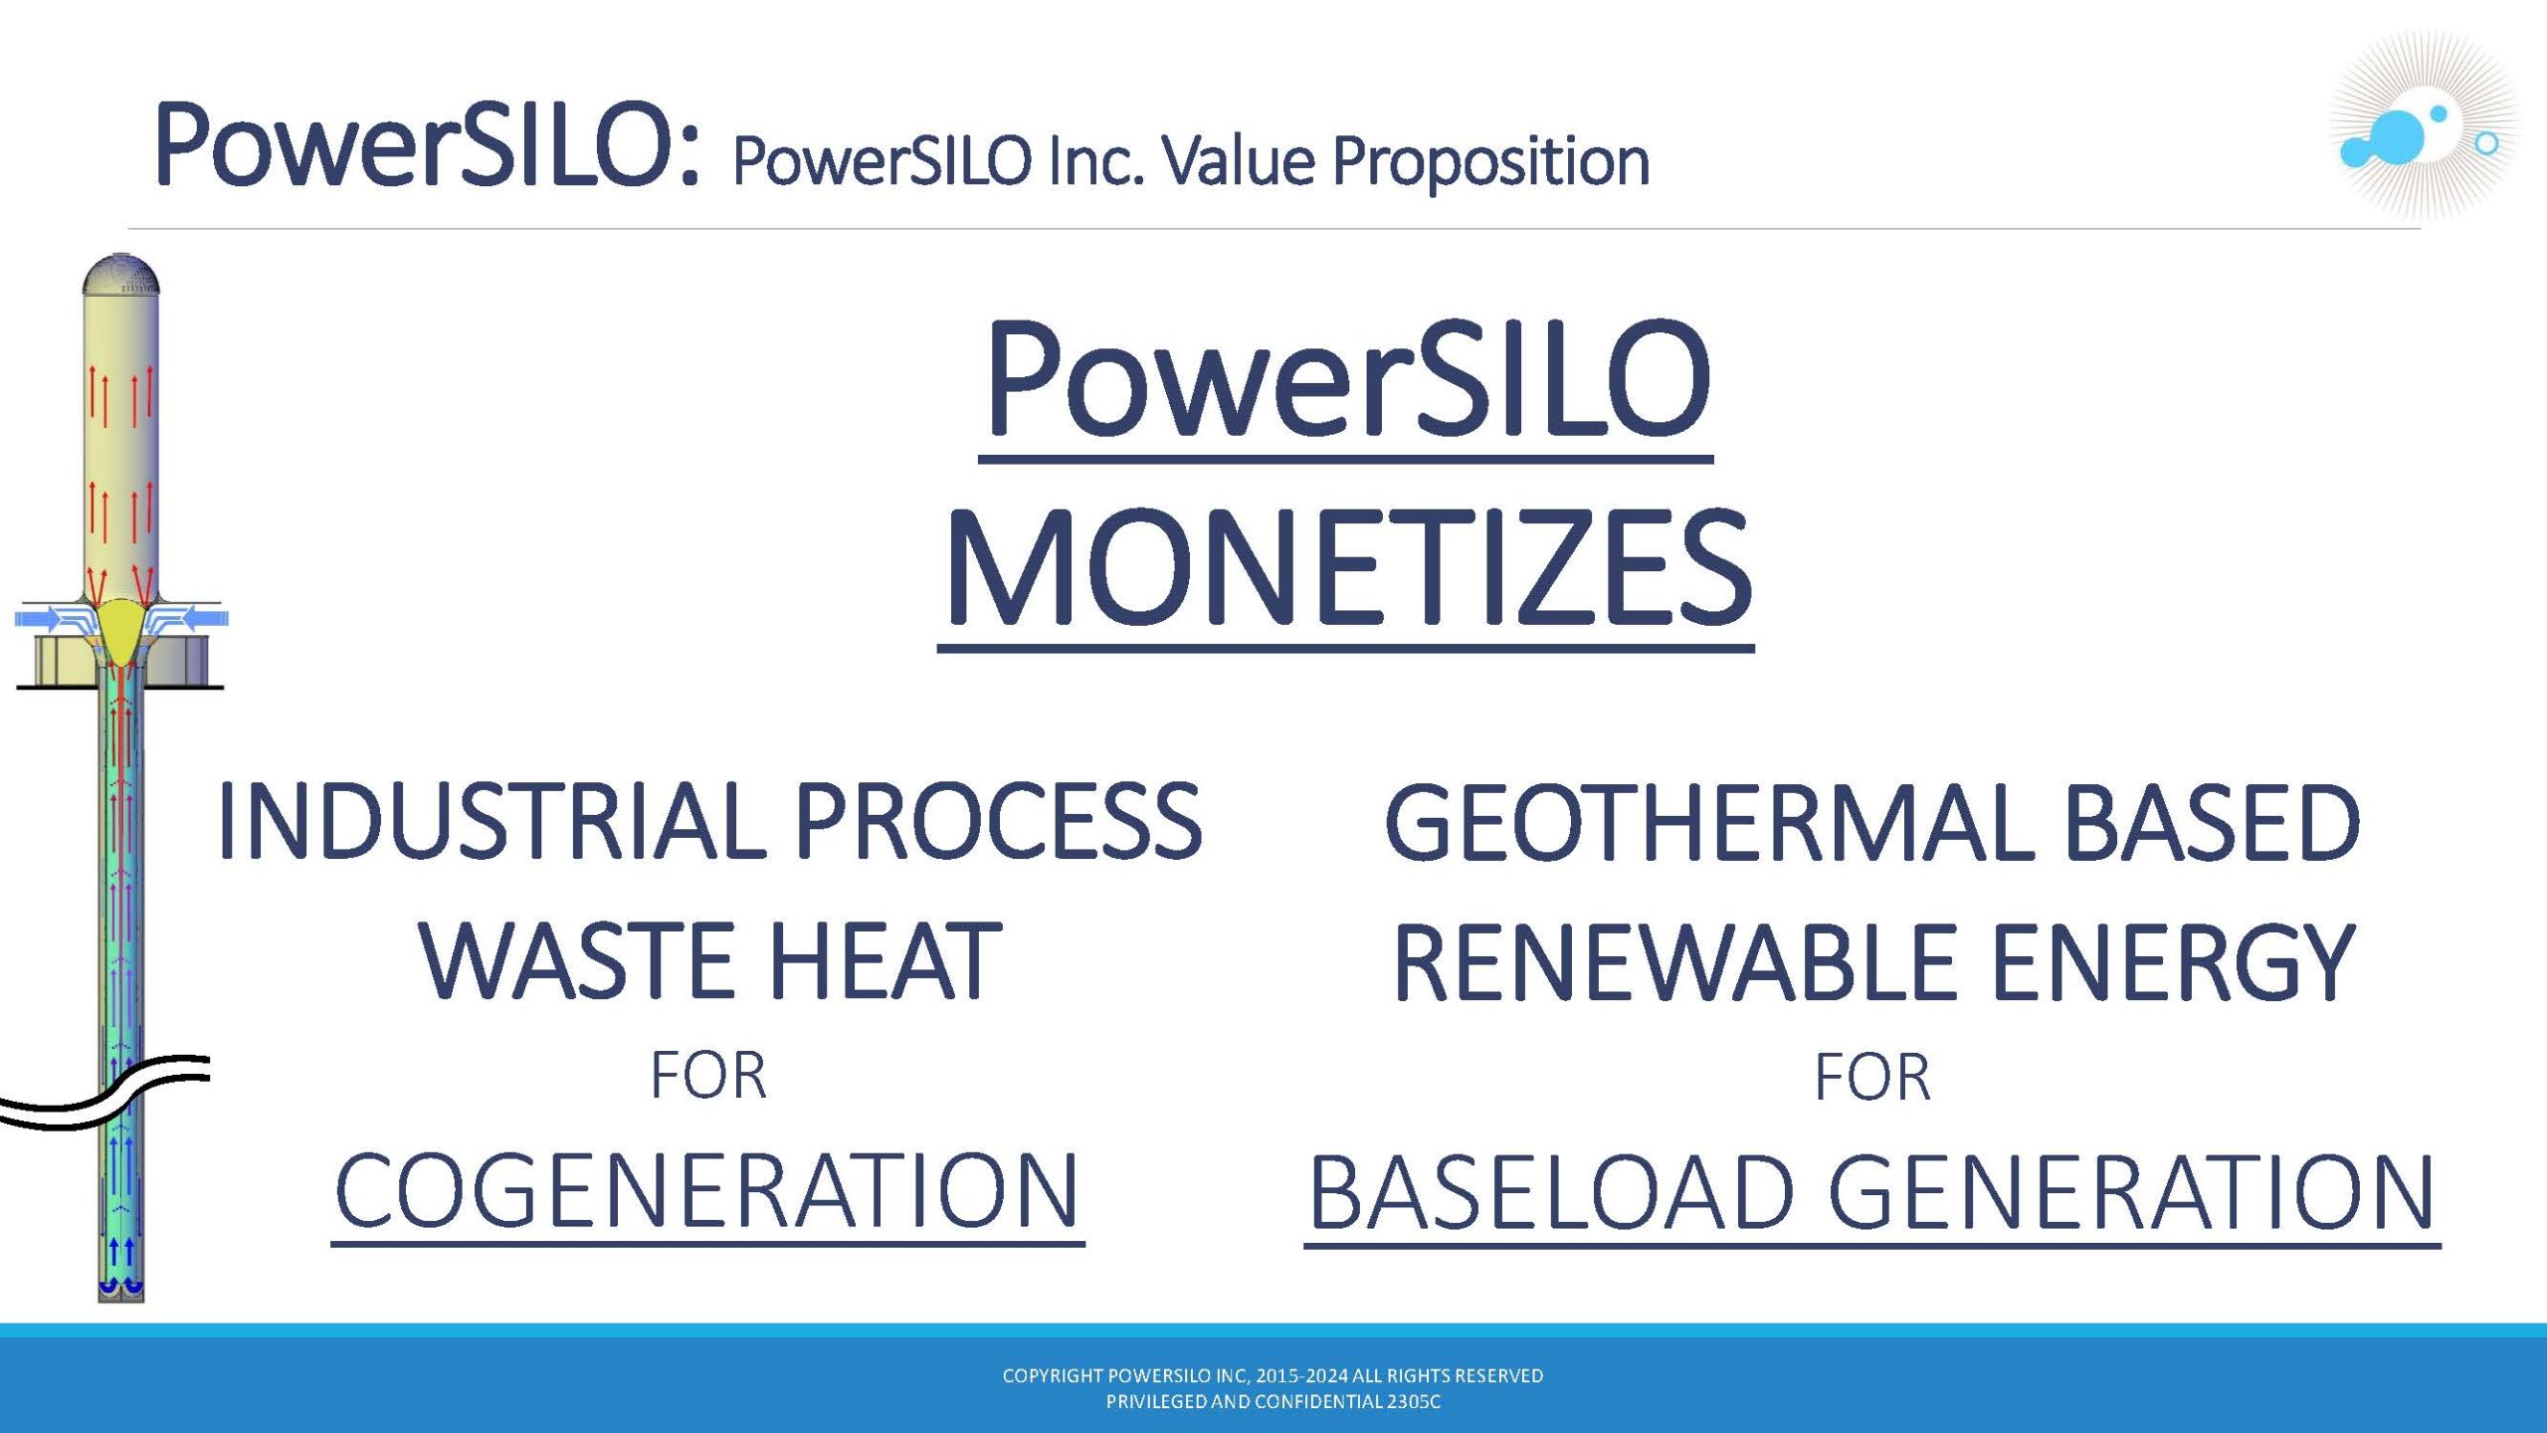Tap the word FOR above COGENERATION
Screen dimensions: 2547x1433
[x=708, y=1076]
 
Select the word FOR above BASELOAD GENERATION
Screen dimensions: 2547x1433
[x=1872, y=1077]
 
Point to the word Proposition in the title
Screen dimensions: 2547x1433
[x=1490, y=162]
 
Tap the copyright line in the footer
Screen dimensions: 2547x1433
[x=1273, y=1375]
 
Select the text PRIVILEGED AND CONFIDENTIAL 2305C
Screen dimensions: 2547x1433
[x=1273, y=1401]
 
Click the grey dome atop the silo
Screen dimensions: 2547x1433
[x=120, y=275]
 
